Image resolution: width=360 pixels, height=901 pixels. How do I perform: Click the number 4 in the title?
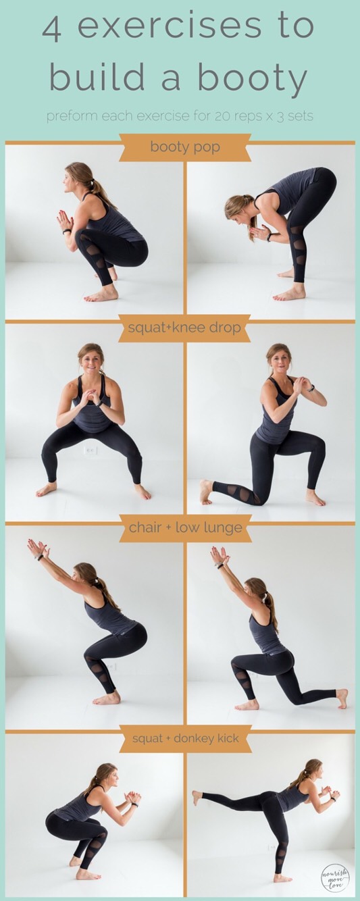pyautogui.click(x=52, y=28)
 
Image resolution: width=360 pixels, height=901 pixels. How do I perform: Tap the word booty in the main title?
pyautogui.click(x=252, y=77)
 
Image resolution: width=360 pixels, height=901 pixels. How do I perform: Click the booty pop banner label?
pyautogui.click(x=185, y=147)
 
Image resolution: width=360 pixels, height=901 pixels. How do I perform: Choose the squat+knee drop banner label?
pyautogui.click(x=184, y=327)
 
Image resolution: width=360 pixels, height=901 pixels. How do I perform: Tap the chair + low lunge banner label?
pyautogui.click(x=186, y=527)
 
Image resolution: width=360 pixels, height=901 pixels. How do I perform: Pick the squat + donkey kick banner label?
pyautogui.click(x=186, y=738)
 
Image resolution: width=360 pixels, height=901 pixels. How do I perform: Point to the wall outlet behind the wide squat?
pyautogui.click(x=91, y=450)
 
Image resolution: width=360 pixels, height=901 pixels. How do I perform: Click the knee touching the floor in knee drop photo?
pyautogui.click(x=257, y=500)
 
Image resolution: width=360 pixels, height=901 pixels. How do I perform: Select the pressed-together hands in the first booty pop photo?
pyautogui.click(x=65, y=220)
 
